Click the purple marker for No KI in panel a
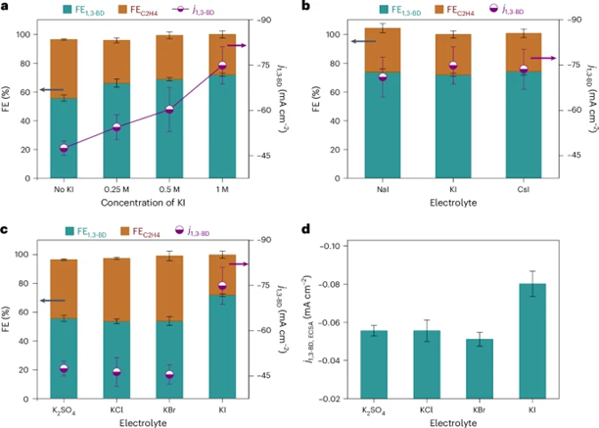coord(65,148)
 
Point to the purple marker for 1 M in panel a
coord(222,67)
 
